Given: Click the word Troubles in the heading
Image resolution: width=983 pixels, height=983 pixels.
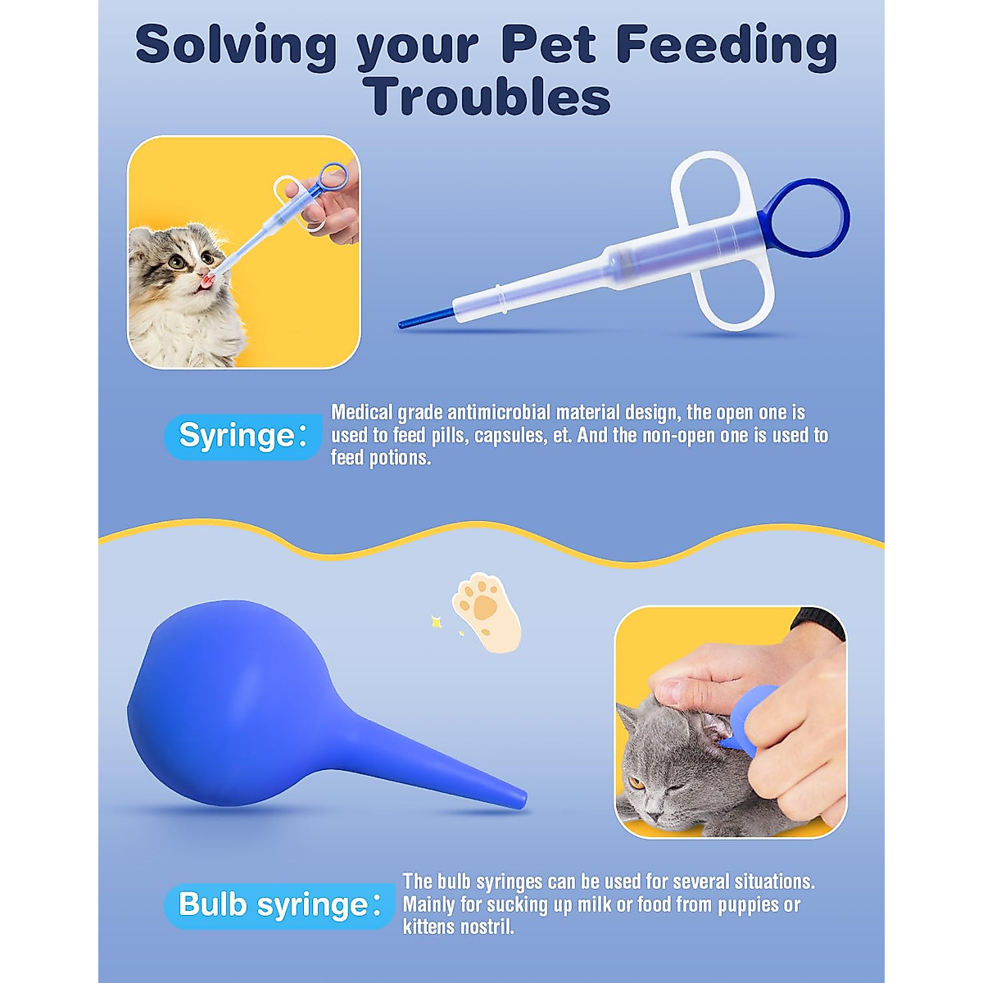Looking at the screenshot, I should pyautogui.click(x=488, y=97).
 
